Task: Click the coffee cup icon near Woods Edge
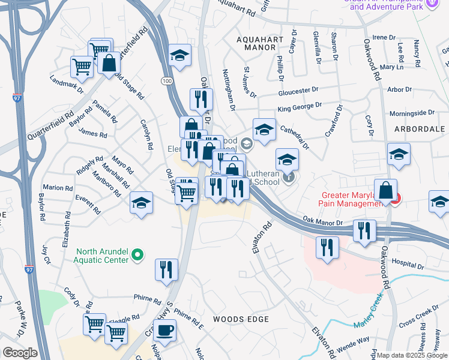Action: [x=164, y=329]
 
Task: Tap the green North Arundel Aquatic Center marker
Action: [x=137, y=256]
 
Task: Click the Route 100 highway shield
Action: [x=166, y=80]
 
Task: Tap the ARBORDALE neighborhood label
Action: [x=418, y=129]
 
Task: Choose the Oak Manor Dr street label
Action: [x=322, y=221]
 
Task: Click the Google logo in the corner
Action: [x=20, y=352]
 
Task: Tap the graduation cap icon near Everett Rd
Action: [x=142, y=203]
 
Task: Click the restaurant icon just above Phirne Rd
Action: [x=166, y=269]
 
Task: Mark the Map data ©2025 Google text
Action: [x=412, y=355]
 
